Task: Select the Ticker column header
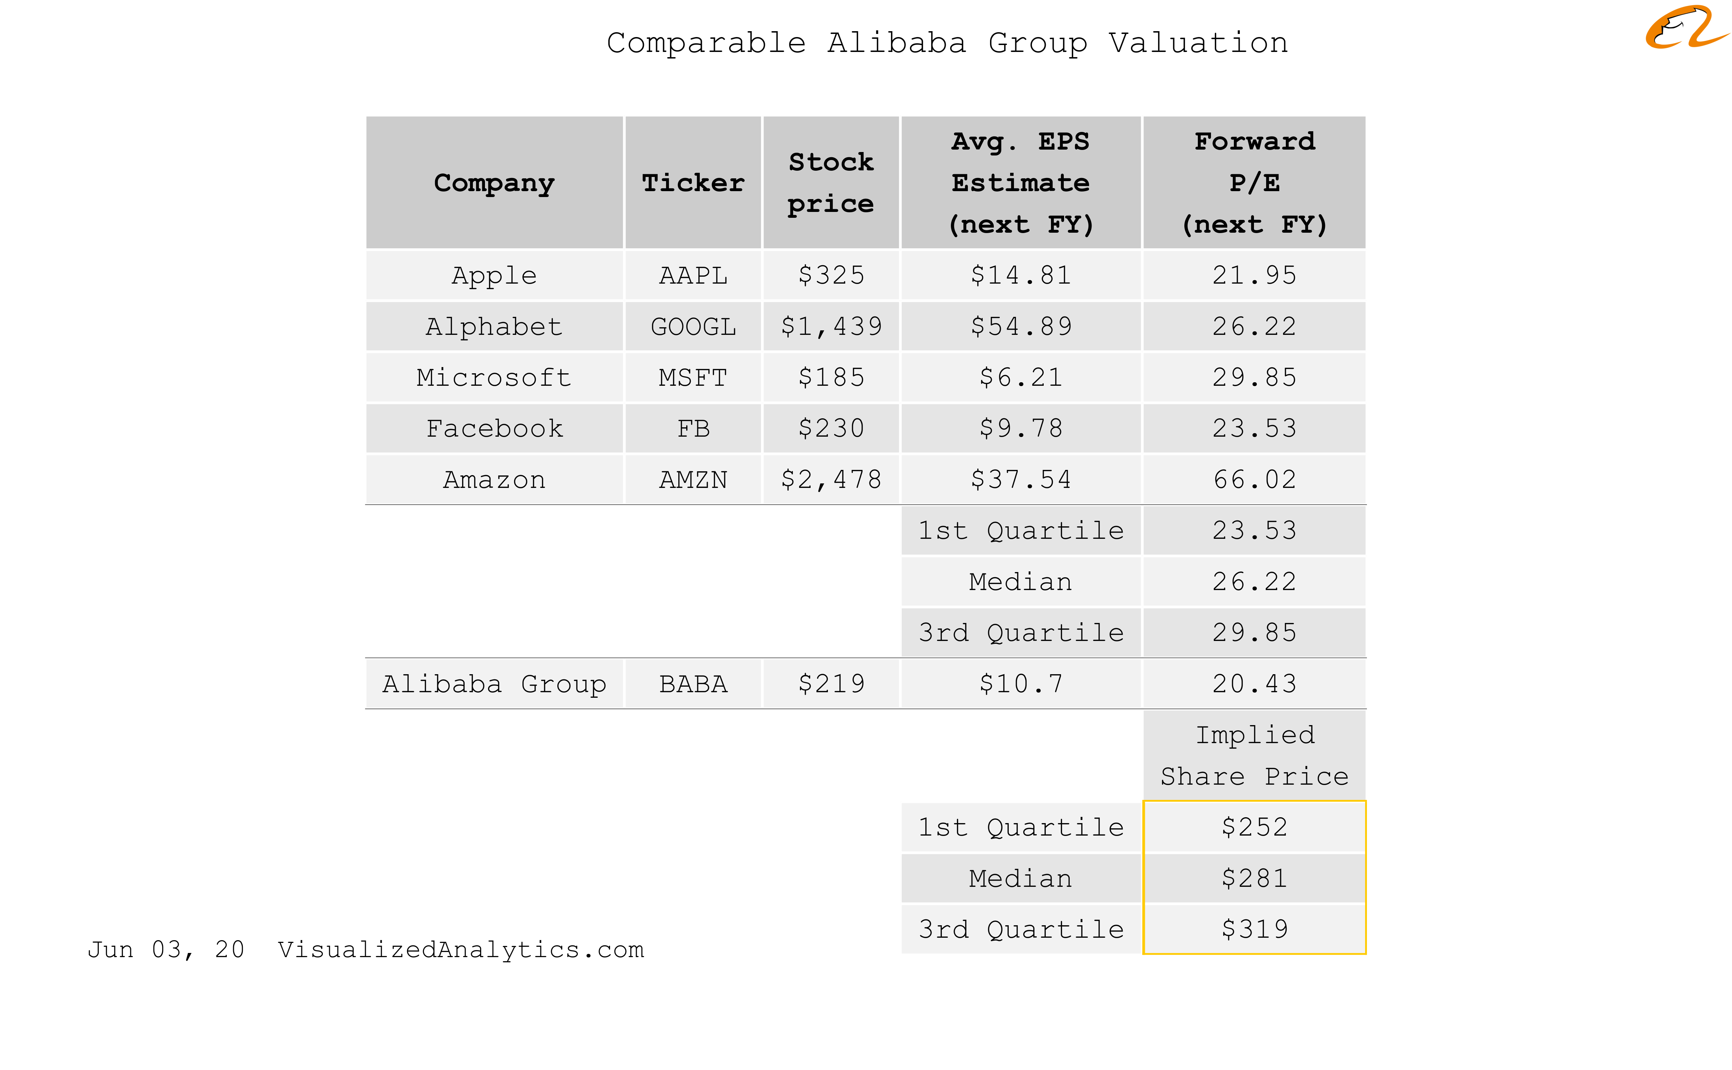(x=693, y=182)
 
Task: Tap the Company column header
(x=494, y=182)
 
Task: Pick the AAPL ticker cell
(x=693, y=275)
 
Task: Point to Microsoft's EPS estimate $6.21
(x=1020, y=377)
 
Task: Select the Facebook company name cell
(x=494, y=428)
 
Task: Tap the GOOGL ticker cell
(x=693, y=326)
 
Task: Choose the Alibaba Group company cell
(x=494, y=684)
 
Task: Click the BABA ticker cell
(x=693, y=684)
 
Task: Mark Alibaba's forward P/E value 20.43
(x=1254, y=684)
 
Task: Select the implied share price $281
(x=1254, y=878)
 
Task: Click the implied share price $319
(x=1254, y=929)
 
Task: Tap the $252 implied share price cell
(x=1254, y=827)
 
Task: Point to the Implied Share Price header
(x=1254, y=755)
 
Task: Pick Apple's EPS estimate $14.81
(x=1020, y=275)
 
